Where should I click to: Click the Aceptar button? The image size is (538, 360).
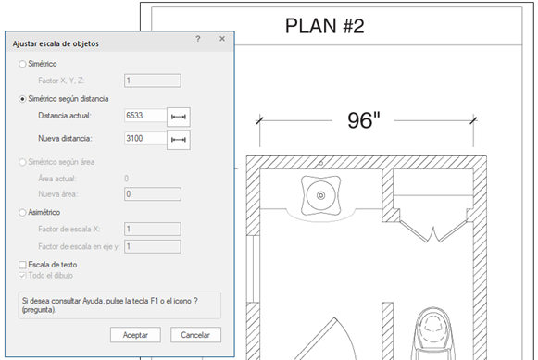pyautogui.click(x=135, y=335)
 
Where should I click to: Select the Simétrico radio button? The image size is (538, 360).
pyautogui.click(x=22, y=64)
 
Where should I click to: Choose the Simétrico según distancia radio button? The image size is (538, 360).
pyautogui.click(x=22, y=99)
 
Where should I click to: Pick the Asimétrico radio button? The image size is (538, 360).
pyautogui.click(x=22, y=213)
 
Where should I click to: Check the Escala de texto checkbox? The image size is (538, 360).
pyautogui.click(x=22, y=265)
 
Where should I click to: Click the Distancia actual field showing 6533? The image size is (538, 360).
pyautogui.click(x=145, y=116)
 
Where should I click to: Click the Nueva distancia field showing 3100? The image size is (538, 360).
pyautogui.click(x=145, y=139)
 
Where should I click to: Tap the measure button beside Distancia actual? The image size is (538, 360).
pyautogui.click(x=179, y=117)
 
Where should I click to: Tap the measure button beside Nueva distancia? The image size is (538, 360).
pyautogui.click(x=179, y=140)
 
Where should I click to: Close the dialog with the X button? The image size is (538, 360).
pyautogui.click(x=222, y=39)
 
